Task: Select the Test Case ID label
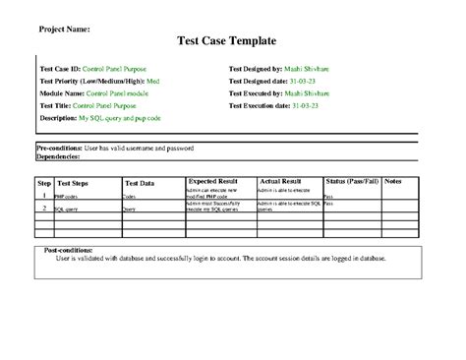60,70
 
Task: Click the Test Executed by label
261,93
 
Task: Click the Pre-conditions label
58,148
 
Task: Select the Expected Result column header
215,182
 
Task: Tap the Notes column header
421,182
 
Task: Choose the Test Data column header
139,183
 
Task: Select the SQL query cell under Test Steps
67,209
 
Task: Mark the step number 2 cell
44,208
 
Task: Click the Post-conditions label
75,250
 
